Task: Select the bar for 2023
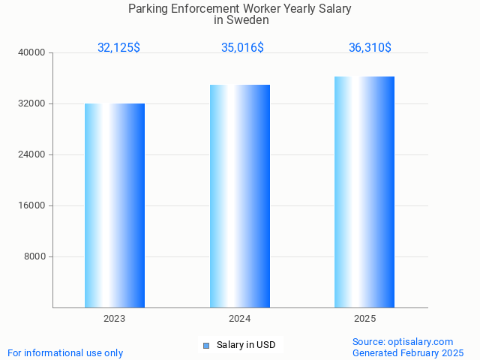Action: tap(115, 205)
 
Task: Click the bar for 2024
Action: tap(240, 196)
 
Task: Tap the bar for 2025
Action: tap(364, 192)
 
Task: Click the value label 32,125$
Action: tap(118, 47)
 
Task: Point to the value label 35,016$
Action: tap(242, 47)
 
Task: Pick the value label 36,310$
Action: tap(370, 47)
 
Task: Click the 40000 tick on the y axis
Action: tap(32, 52)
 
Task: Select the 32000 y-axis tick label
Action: tap(32, 103)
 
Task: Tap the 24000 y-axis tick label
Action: tap(32, 154)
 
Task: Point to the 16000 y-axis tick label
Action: tap(32, 205)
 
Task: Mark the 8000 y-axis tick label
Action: tap(34, 256)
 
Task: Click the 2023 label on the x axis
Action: tap(115, 319)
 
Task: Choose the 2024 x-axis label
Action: tap(240, 319)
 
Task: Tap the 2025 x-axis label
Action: tap(364, 319)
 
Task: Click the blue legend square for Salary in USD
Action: tap(206, 346)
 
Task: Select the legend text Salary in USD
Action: tap(246, 345)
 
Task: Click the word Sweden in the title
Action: tap(252, 20)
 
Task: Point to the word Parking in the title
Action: tap(149, 8)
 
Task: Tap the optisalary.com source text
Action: tap(421, 341)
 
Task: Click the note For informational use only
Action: tap(65, 352)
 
